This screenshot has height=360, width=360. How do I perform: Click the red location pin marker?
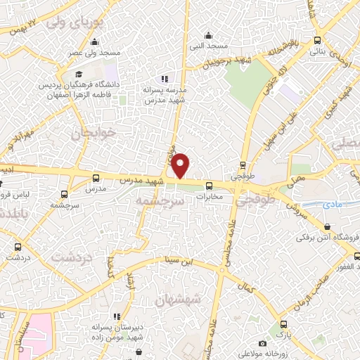coord(181,165)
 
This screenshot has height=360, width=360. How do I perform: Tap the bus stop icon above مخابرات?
coord(209,186)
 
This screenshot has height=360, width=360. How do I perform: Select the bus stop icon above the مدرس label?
coord(96,179)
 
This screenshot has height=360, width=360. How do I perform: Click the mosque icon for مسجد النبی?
coord(207,35)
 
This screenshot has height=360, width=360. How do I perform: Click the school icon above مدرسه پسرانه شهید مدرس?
coord(165,79)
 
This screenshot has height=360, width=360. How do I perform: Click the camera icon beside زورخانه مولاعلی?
coord(262,344)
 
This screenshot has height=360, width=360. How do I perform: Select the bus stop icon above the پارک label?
coord(283,325)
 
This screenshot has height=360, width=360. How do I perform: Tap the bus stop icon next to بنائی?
coord(319,40)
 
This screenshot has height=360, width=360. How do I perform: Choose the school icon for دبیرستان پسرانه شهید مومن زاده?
coord(117,316)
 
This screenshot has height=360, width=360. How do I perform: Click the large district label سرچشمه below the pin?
coord(160,201)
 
